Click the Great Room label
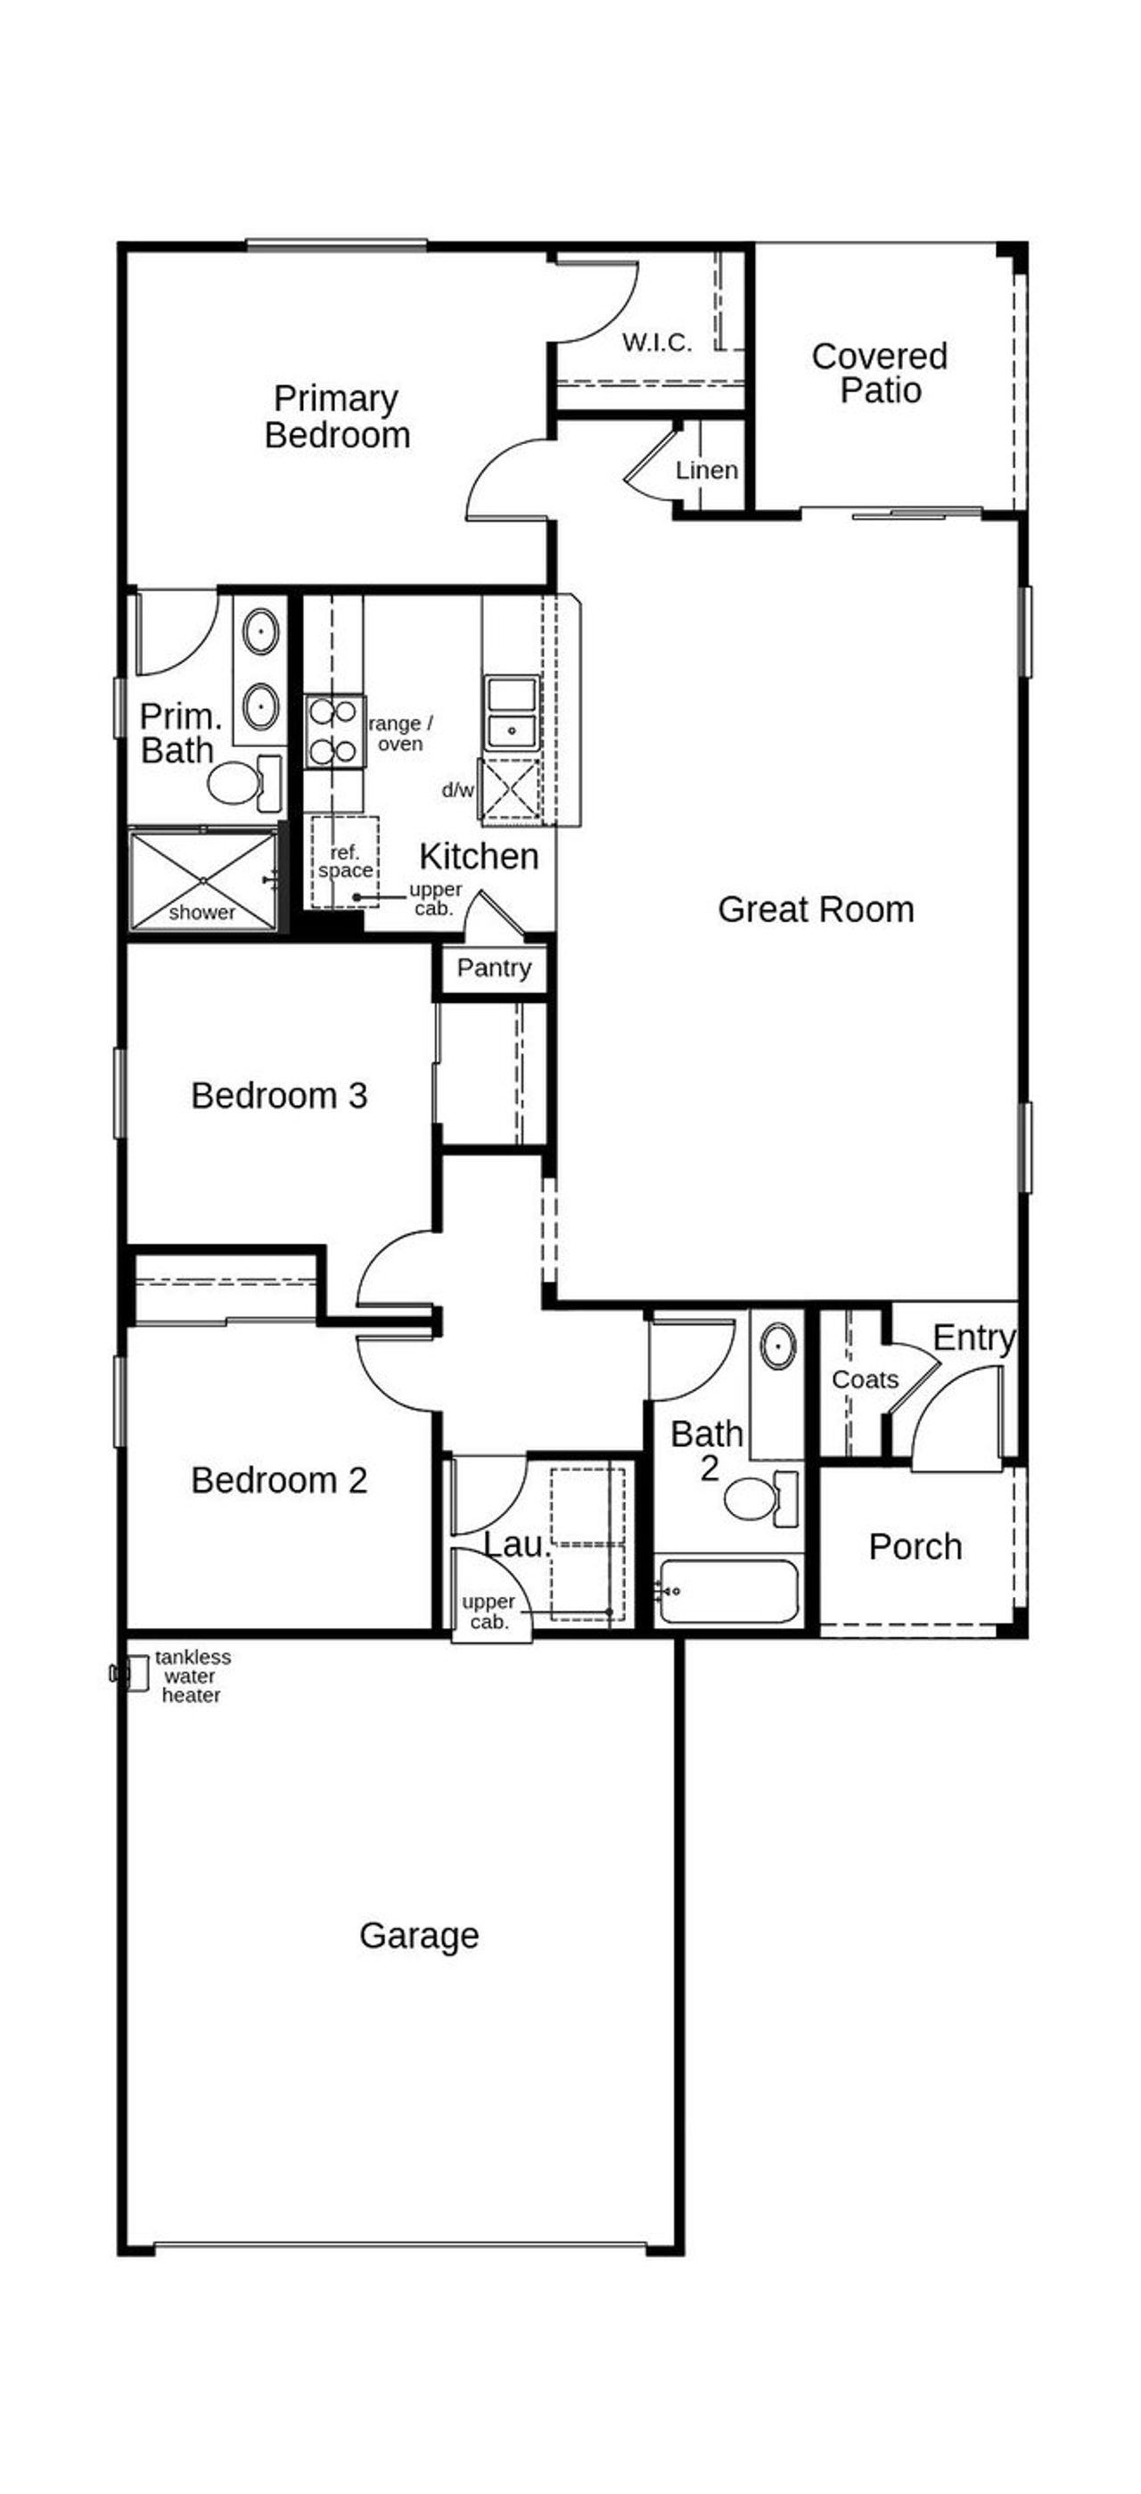click(x=815, y=910)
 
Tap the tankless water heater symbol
click(x=134, y=1673)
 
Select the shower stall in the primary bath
click(x=203, y=880)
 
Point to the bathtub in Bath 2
click(x=727, y=1591)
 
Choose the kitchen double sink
click(x=512, y=712)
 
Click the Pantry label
click(x=494, y=968)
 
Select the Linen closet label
click(x=707, y=471)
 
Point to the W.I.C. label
click(x=657, y=342)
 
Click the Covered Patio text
click(x=879, y=373)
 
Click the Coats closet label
click(x=864, y=1379)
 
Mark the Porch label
click(x=915, y=1547)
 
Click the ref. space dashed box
click(x=344, y=860)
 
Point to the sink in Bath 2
click(x=777, y=1346)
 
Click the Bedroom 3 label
click(x=279, y=1096)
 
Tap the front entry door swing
click(x=958, y=1418)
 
